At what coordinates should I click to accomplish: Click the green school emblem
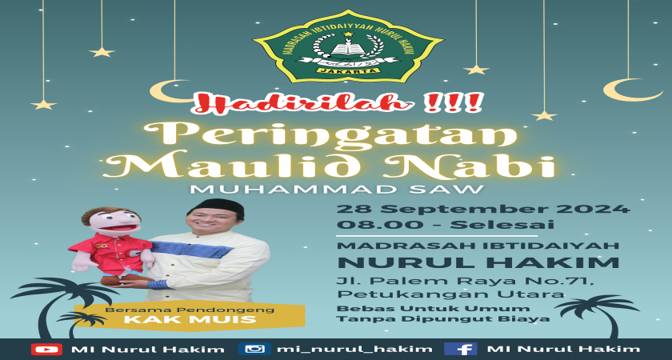tap(349, 46)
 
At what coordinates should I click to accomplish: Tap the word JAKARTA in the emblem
tap(349, 70)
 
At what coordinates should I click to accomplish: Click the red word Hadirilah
tap(302, 104)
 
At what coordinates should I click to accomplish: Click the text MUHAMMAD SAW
tap(337, 189)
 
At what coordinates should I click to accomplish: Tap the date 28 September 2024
tap(483, 210)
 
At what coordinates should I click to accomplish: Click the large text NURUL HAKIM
tap(478, 262)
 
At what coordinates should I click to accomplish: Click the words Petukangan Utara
tap(450, 294)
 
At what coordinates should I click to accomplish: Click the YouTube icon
tap(46, 349)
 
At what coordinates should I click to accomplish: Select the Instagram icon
tap(254, 349)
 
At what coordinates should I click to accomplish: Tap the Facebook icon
tap(461, 349)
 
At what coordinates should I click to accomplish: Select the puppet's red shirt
tap(110, 253)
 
